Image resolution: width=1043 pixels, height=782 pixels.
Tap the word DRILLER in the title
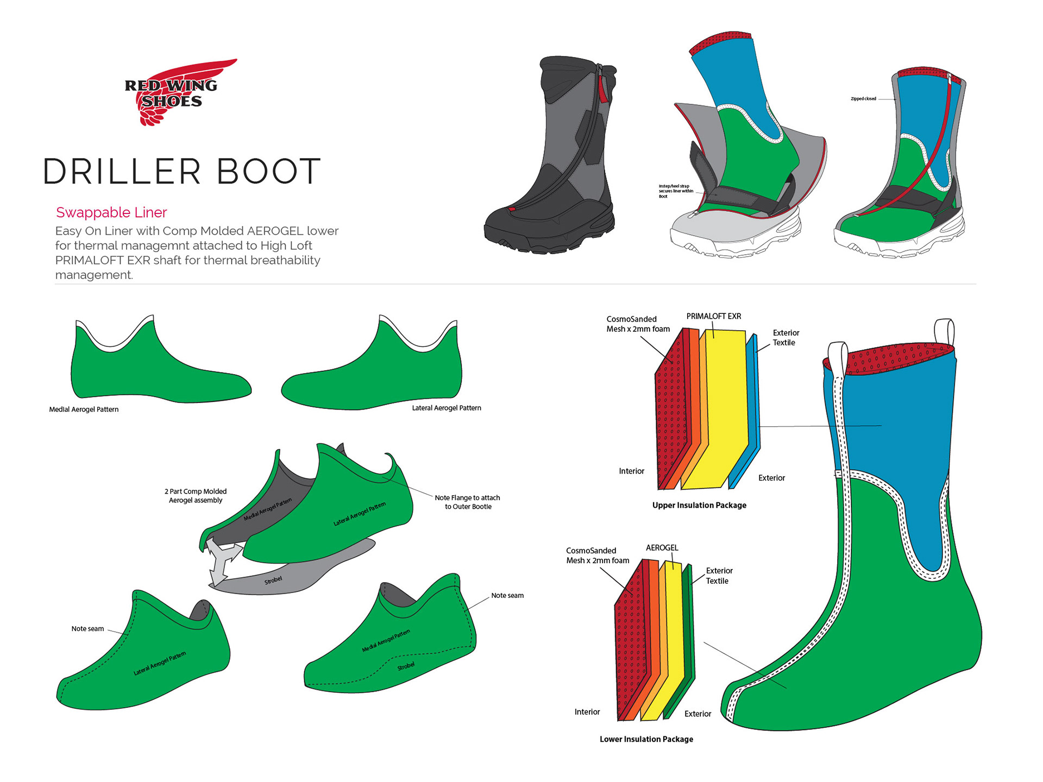[x=122, y=172]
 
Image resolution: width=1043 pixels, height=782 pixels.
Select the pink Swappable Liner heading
[x=111, y=212]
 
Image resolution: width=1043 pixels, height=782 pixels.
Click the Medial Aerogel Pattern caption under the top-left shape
[x=84, y=409]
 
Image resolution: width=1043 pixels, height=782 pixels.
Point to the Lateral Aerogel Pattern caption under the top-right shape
[x=447, y=408]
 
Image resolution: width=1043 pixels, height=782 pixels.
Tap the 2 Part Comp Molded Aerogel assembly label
[x=196, y=496]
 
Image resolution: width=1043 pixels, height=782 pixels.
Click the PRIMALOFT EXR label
[x=713, y=316]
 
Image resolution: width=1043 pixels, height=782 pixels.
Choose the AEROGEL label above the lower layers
[x=662, y=547]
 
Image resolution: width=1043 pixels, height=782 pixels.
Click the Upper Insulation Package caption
[x=699, y=505]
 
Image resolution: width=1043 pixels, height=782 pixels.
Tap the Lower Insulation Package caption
[x=646, y=739]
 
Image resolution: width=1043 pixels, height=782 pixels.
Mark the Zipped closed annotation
[x=863, y=99]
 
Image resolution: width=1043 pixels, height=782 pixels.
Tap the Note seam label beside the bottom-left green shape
[x=87, y=629]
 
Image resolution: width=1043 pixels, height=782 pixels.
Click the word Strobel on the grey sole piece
[x=273, y=581]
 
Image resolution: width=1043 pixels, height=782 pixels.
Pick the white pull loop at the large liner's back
[x=945, y=331]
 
